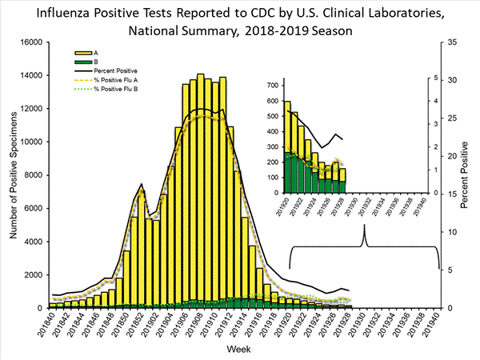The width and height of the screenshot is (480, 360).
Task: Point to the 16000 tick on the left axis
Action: [31, 42]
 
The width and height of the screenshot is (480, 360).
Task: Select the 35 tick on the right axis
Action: [453, 42]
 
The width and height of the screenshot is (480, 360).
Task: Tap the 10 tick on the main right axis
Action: [453, 232]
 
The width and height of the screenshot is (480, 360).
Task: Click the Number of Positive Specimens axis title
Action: [13, 174]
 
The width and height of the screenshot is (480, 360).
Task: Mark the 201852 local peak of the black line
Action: [141, 184]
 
